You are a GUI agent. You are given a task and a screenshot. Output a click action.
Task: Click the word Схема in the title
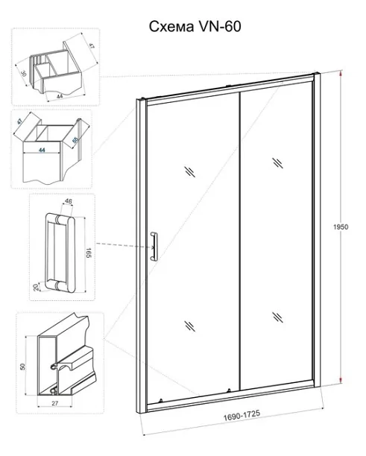pyautogui.click(x=171, y=27)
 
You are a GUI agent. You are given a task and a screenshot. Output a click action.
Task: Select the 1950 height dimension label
pyautogui.click(x=341, y=227)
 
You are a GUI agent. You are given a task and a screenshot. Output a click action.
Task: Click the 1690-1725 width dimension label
pyautogui.click(x=242, y=415)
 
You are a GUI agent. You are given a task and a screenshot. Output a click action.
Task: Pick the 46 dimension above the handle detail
pyautogui.click(x=69, y=201)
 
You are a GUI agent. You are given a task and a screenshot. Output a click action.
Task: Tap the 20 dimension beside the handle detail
pyautogui.click(x=36, y=288)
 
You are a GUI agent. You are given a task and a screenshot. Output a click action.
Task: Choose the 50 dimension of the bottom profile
pyautogui.click(x=22, y=367)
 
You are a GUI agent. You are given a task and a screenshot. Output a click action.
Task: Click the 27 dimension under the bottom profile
pyautogui.click(x=55, y=403)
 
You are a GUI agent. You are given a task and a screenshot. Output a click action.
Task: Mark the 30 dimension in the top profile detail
pyautogui.click(x=24, y=74)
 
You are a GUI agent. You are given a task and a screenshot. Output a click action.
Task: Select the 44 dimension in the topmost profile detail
pyautogui.click(x=60, y=96)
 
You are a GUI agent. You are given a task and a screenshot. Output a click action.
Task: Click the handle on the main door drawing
pyautogui.click(x=154, y=246)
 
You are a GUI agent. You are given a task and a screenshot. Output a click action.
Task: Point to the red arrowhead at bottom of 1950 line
pyautogui.click(x=340, y=379)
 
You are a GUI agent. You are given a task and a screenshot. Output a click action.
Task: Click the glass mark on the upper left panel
pyautogui.click(x=189, y=171)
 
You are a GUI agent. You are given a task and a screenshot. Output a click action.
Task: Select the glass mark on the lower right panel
pyautogui.click(x=277, y=317)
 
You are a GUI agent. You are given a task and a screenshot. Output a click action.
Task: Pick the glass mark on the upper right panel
pyautogui.click(x=277, y=163)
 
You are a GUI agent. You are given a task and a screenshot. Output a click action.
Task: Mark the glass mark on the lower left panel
pyautogui.click(x=189, y=326)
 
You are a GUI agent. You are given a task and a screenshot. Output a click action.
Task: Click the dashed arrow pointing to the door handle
pyautogui.click(x=125, y=245)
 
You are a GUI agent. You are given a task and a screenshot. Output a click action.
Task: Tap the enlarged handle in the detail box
pyautogui.click(x=60, y=253)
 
